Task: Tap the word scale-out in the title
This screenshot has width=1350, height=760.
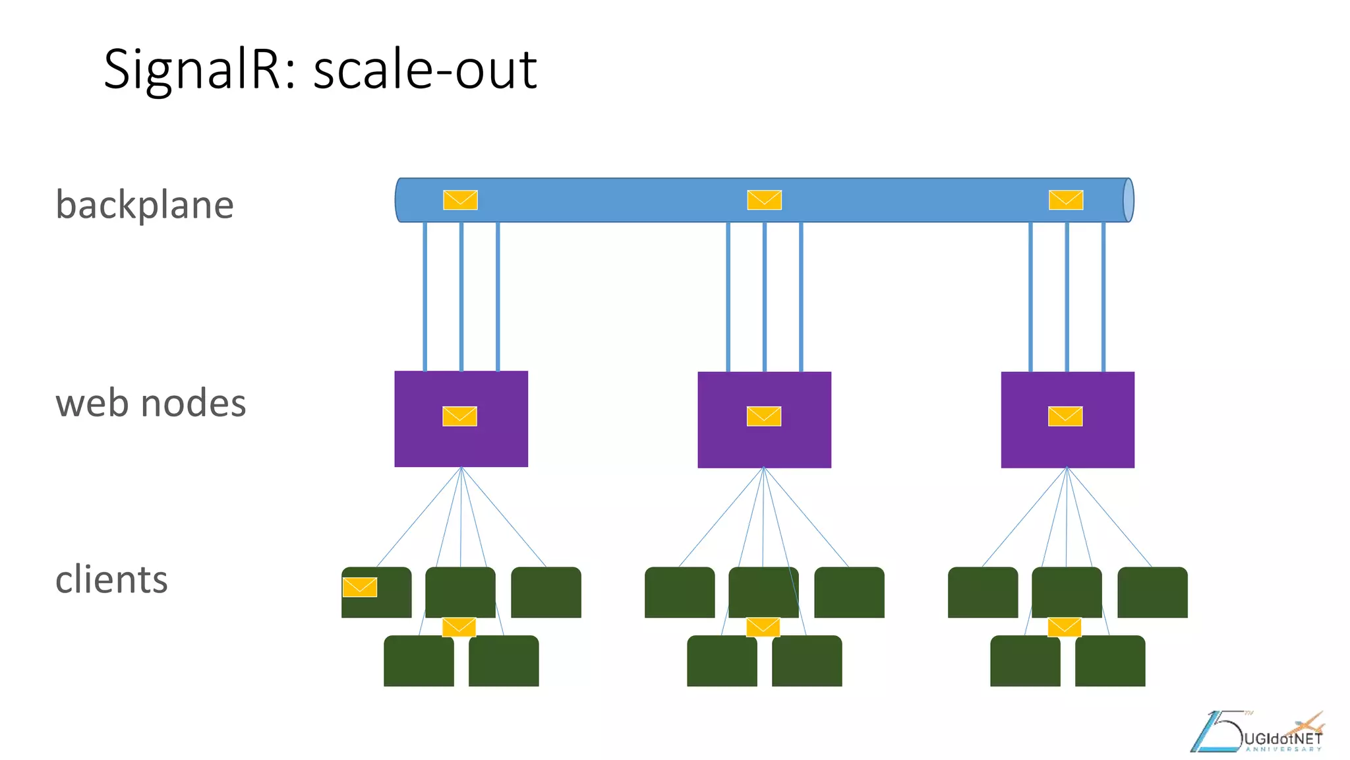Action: pos(425,69)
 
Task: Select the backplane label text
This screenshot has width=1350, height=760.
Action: pos(144,205)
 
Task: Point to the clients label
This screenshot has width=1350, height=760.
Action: pos(111,579)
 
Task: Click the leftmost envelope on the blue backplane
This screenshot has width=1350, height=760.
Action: pos(460,200)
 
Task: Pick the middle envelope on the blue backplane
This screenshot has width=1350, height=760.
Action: pos(764,200)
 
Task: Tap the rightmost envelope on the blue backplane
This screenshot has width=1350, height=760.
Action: pos(1066,200)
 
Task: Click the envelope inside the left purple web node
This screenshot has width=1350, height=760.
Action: pos(459,416)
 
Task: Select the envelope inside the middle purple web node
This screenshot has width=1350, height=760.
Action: pos(763,416)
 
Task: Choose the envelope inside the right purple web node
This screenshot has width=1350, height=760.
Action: pos(1065,416)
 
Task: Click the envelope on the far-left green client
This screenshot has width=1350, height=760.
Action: pos(360,587)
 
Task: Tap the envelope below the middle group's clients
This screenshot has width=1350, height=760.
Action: pos(763,627)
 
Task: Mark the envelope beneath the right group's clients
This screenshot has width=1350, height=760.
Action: pos(1065,627)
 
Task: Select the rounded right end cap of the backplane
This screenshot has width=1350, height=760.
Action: pos(1128,200)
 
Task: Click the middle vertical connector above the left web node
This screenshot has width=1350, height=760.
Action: pos(461,297)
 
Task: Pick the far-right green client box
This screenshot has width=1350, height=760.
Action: pos(1152,592)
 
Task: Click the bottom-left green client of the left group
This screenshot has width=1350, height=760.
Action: pos(419,661)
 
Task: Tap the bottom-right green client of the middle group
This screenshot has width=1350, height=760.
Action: pos(807,661)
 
